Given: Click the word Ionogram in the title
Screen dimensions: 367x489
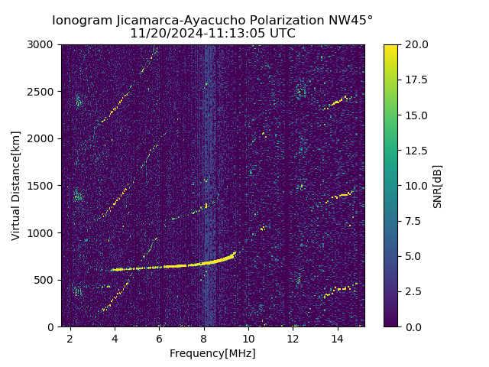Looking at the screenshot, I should tap(79, 21).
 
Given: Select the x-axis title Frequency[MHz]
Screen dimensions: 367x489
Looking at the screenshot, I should tap(212, 353).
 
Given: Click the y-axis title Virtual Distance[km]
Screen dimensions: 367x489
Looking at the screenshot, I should tap(16, 185).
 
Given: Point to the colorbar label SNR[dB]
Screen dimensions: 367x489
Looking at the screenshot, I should tap(438, 186).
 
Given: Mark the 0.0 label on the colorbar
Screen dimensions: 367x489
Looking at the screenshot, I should tap(413, 326).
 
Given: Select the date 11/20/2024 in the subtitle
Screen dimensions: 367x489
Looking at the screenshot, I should tap(161, 34).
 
